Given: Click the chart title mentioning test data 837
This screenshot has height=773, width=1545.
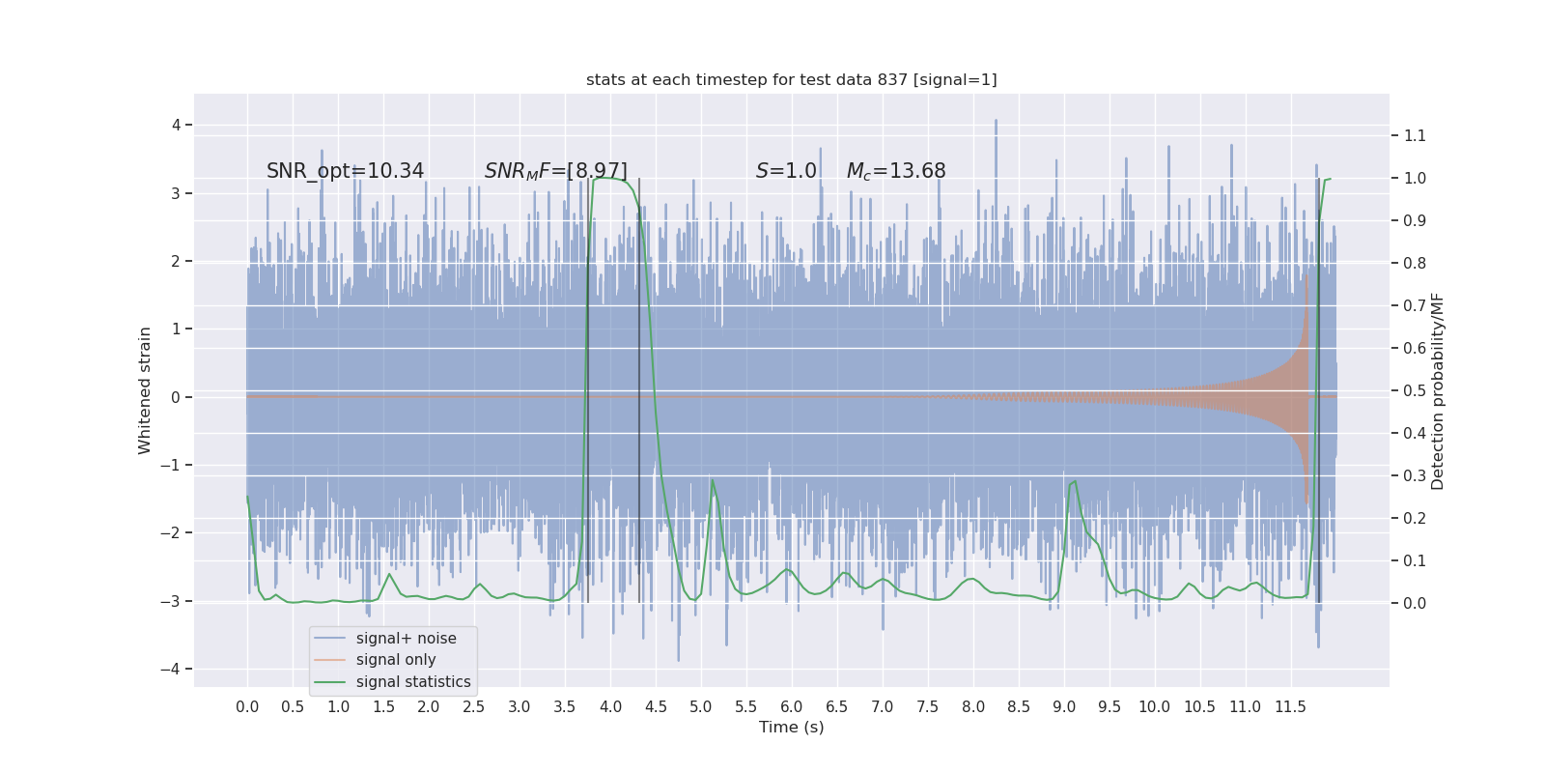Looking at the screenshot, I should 791,80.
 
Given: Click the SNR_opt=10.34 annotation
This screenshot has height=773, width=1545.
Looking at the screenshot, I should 345,171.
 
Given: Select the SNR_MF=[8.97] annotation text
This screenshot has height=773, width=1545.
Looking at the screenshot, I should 555,171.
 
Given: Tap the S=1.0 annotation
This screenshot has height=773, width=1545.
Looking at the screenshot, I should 786,171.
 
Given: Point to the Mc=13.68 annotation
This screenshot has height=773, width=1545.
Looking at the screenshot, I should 895,171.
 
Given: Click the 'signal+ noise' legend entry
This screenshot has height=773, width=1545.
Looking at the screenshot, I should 406,639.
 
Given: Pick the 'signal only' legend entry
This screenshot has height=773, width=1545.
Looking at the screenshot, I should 395,660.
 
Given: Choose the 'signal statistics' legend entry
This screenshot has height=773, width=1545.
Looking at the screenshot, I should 412,682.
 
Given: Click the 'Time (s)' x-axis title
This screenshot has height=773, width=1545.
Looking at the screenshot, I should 791,727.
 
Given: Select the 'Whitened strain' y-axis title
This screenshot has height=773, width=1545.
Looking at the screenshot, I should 145,390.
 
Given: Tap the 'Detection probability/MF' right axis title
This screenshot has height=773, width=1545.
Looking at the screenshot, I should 1438,390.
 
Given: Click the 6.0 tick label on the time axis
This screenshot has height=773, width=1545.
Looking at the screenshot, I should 791,706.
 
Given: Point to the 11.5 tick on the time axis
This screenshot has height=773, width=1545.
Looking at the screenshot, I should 1290,706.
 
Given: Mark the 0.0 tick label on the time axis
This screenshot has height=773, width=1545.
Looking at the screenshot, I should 247,706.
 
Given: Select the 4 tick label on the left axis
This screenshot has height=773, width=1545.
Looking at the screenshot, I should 177,125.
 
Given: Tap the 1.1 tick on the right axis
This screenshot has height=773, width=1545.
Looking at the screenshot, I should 1415,135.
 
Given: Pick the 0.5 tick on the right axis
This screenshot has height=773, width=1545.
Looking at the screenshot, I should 1415,390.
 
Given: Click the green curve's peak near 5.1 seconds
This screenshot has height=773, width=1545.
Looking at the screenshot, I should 713,480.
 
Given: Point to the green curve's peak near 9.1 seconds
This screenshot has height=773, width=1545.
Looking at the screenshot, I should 1073,481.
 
